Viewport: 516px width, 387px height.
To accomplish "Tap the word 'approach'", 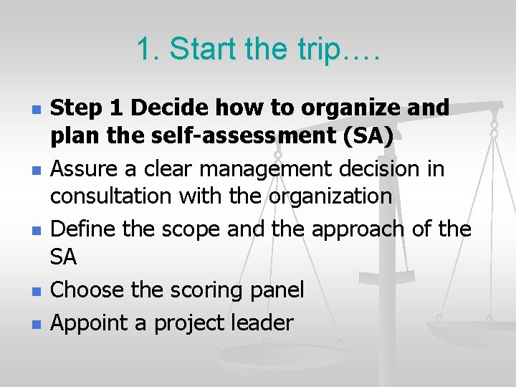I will click(x=336, y=229).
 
